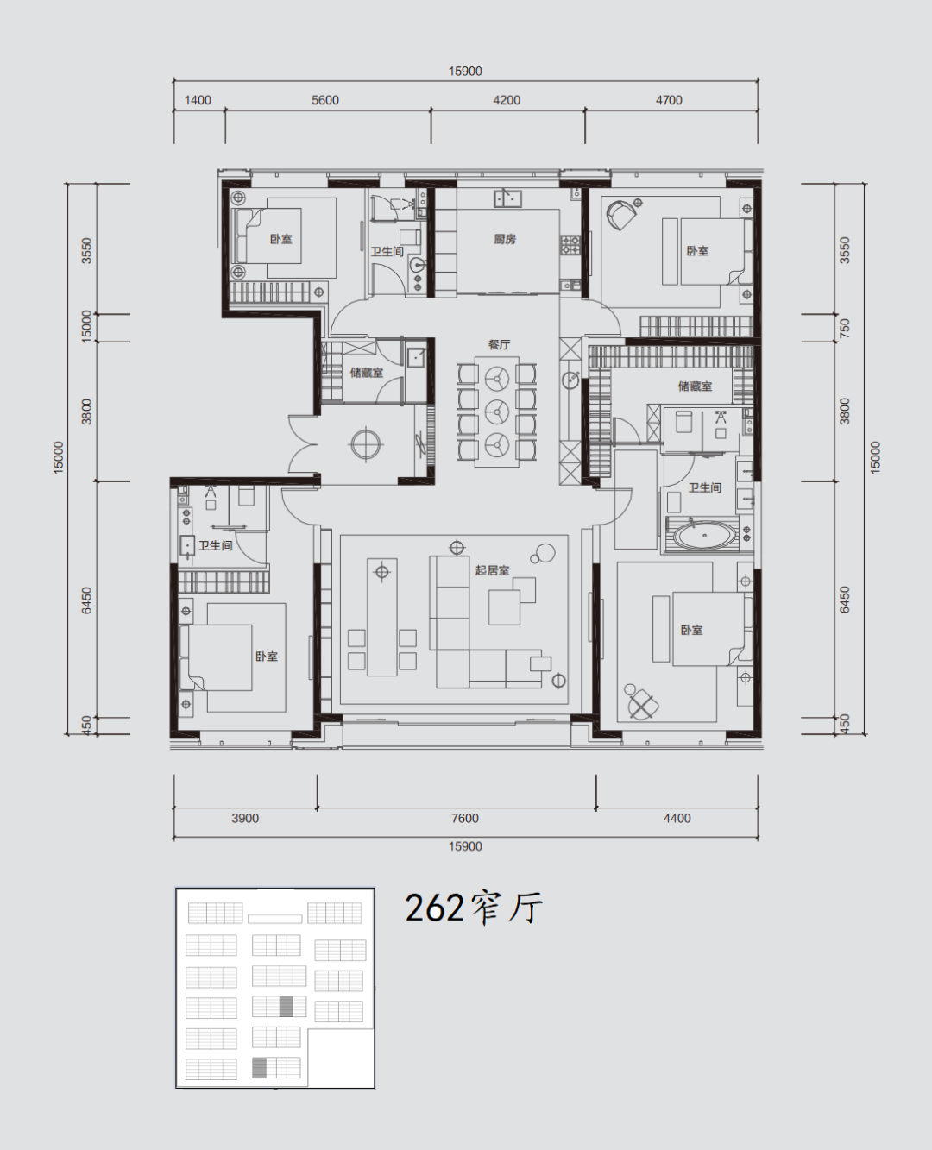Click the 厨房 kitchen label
tap(505, 239)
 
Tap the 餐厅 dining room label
tap(499, 344)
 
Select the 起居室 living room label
tap(492, 570)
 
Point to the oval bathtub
tap(705, 537)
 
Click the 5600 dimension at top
tap(325, 100)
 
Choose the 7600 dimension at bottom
tap(465, 819)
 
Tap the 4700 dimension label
tap(669, 100)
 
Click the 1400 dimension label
tap(198, 100)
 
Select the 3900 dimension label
tap(245, 819)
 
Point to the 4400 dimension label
tap(677, 819)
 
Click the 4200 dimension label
tap(507, 100)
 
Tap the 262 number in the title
tap(434, 909)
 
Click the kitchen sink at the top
tap(507, 198)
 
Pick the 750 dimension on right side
tap(845, 328)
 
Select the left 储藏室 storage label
tap(367, 373)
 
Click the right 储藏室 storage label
tap(695, 386)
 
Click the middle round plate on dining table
tap(496, 412)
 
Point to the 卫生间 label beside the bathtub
tap(705, 487)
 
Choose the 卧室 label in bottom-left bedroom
tap(267, 657)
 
